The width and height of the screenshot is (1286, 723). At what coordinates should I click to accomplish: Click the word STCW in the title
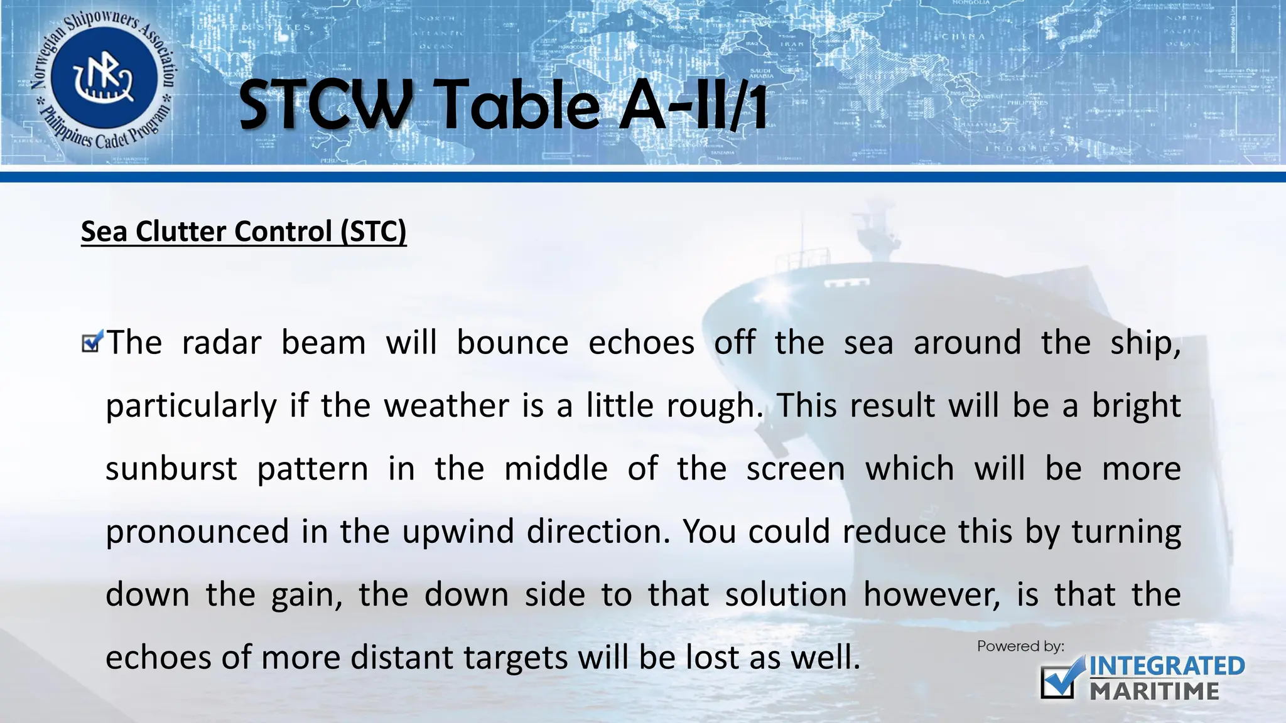coord(325,105)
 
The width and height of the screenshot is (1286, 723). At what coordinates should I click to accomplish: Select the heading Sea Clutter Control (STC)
coord(244,232)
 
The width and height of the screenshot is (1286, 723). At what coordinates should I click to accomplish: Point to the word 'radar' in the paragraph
coord(221,343)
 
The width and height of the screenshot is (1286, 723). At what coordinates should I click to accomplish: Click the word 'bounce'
coord(512,343)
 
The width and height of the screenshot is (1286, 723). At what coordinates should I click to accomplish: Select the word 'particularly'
coord(191,406)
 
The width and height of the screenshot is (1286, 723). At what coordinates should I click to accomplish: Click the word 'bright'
coord(1136,406)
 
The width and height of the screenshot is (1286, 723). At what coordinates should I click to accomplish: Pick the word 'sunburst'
coord(171,469)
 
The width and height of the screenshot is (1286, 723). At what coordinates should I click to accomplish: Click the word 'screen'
coord(796,469)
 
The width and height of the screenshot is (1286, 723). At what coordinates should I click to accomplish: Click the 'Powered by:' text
coord(1020,646)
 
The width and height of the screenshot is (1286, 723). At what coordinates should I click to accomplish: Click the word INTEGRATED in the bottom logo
coord(1167,667)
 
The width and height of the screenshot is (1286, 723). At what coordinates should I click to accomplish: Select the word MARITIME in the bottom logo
coord(1154,691)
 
